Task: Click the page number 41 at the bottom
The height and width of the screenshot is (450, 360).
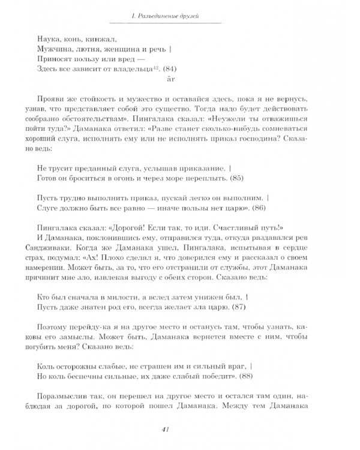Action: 180,429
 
